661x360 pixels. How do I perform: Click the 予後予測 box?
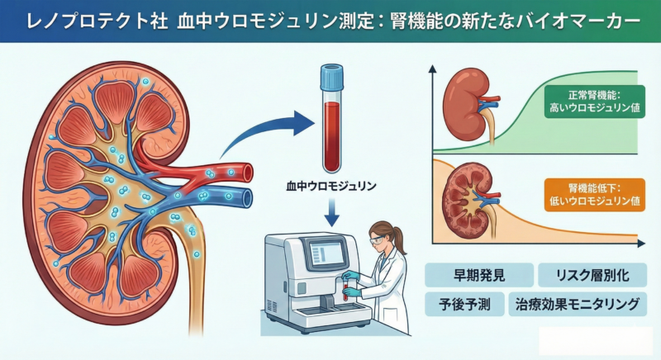[x=459, y=305]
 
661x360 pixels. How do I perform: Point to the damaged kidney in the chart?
[x=467, y=198]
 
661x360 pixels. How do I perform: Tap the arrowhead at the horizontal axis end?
[x=642, y=244]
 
